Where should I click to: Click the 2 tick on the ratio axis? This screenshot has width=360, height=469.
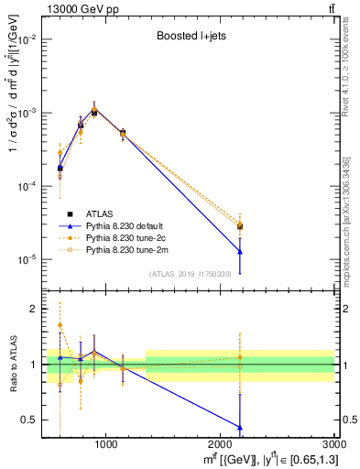pos(38,310)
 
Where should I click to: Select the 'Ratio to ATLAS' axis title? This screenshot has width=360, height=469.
pos(12,365)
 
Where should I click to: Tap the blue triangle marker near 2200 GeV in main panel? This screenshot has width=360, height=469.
pos(240,251)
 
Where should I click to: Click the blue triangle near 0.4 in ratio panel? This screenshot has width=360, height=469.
pos(240,427)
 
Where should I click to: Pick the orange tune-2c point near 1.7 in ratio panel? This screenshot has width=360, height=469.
pos(60,325)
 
